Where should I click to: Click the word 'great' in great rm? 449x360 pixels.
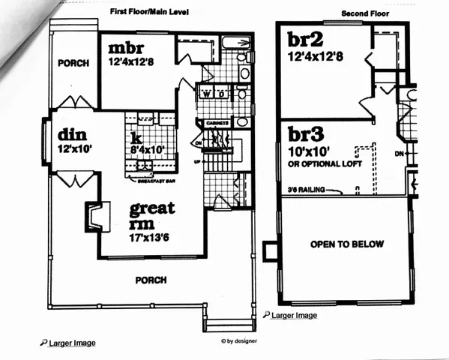coord(153,207)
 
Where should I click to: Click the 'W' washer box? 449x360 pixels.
coord(205,94)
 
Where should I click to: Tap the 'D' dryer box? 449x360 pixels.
coord(222,94)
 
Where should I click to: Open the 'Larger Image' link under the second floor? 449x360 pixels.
coord(293,316)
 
